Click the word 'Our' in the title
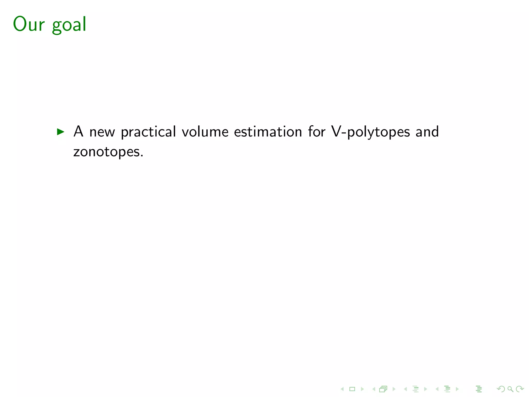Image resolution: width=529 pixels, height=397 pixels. (29, 24)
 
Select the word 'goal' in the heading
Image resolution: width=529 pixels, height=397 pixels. (69, 25)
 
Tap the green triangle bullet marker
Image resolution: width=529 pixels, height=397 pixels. (60, 132)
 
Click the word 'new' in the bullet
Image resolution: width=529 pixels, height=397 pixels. (102, 132)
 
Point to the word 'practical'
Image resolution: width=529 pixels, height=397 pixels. (149, 132)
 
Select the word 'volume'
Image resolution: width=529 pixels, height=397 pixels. (205, 132)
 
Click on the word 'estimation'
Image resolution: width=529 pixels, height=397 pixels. (268, 132)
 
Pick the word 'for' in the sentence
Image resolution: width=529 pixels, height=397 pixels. (317, 132)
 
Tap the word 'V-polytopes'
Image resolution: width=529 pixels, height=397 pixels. (371, 132)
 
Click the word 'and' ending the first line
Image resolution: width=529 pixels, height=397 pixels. (427, 132)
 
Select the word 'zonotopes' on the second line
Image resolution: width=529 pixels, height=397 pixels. (106, 152)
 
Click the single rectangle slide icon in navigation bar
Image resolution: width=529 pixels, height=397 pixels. (352, 389)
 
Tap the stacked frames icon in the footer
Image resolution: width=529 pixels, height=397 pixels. (383, 389)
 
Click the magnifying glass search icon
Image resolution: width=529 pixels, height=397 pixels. (510, 389)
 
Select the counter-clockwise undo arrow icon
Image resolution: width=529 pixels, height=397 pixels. (501, 389)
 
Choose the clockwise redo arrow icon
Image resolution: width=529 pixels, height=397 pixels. (520, 389)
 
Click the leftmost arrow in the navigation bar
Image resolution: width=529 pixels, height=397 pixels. (342, 389)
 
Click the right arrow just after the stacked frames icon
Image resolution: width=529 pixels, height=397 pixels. (394, 389)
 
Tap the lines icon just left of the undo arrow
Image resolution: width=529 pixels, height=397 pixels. (479, 389)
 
